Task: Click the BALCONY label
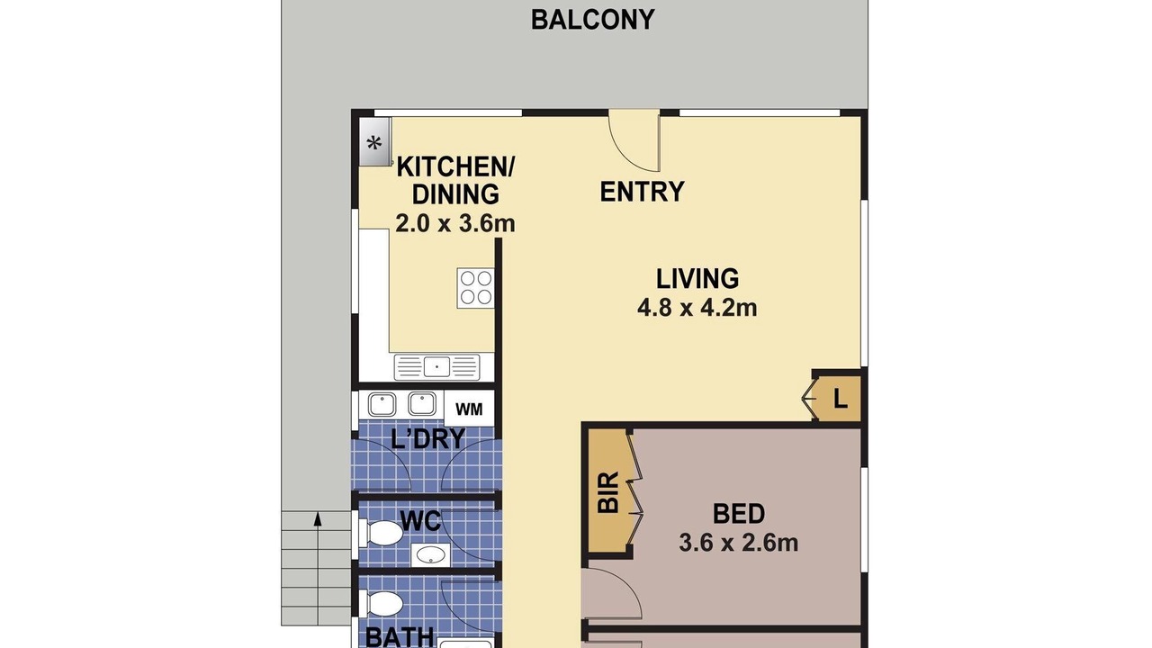pos(592,20)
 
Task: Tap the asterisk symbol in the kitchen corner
pos(373,142)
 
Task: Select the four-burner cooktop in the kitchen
pos(476,288)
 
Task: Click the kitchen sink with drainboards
pos(436,367)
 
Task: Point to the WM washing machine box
pos(469,409)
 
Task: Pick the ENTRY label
pos(643,192)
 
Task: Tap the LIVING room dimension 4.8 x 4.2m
pos(697,308)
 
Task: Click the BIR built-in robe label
pos(609,492)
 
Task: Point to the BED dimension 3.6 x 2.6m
pos(739,543)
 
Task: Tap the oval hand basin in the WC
pos(431,555)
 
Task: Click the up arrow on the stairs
pos(318,519)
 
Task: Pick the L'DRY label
pos(427,438)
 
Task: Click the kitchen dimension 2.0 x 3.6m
pos(455,224)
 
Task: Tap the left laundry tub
pos(382,404)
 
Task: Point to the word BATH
pos(399,636)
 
